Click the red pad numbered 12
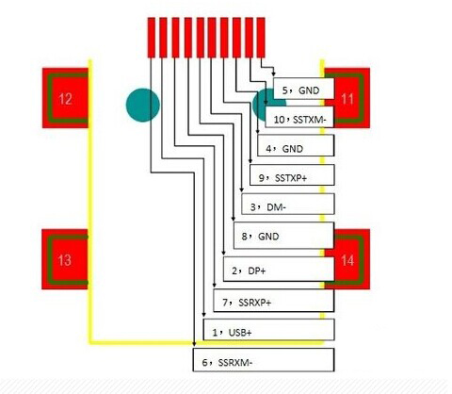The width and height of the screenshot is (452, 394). (65, 98)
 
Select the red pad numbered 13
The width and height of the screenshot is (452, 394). (65, 259)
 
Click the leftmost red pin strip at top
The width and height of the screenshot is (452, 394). (152, 38)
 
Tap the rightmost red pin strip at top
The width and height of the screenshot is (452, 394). (261, 38)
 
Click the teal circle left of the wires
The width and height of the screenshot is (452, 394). (143, 105)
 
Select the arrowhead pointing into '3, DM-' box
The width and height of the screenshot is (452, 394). (241, 190)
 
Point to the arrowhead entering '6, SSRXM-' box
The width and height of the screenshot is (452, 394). (194, 344)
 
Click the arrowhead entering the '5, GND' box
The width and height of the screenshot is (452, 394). (273, 74)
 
